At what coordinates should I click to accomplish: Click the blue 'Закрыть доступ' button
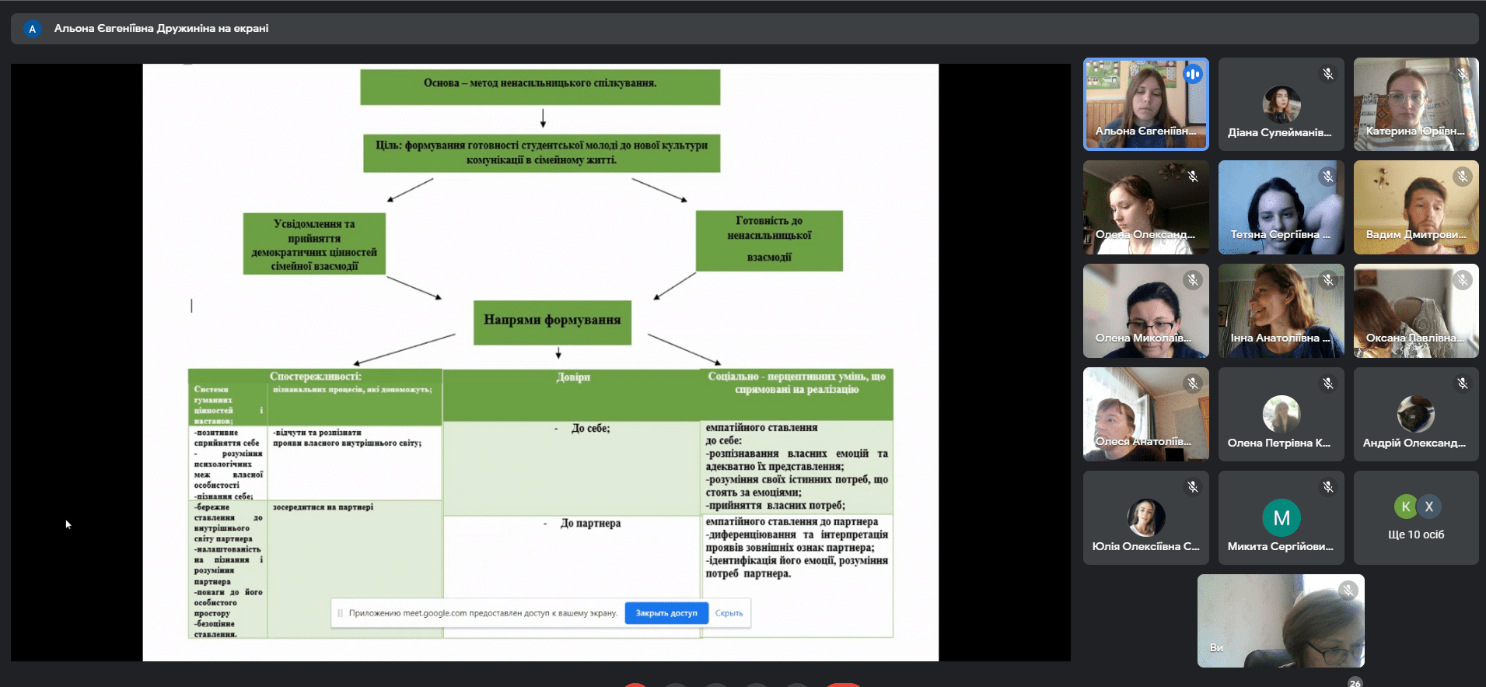(x=666, y=613)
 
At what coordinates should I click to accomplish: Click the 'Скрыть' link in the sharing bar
(x=729, y=613)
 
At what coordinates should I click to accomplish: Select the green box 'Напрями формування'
(x=552, y=321)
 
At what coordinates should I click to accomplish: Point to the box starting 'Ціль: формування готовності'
(x=541, y=152)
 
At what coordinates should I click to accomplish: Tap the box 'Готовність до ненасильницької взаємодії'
(x=769, y=240)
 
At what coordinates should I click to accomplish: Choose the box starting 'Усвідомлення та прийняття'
(x=314, y=244)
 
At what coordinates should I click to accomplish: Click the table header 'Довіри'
(x=573, y=377)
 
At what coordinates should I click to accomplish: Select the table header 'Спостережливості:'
(x=315, y=376)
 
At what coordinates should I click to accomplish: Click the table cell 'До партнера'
(x=590, y=524)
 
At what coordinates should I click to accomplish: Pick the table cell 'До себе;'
(x=590, y=429)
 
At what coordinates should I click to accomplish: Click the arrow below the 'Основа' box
(x=543, y=117)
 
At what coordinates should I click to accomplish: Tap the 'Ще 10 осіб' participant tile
(x=1416, y=518)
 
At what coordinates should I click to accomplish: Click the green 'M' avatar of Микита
(x=1281, y=517)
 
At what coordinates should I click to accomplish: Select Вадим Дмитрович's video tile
(x=1416, y=208)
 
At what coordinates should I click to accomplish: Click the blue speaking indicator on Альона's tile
(x=1193, y=75)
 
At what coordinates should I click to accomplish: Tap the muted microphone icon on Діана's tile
(x=1328, y=74)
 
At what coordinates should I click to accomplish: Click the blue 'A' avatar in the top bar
(x=32, y=29)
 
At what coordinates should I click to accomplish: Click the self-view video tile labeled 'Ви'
(x=1281, y=621)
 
